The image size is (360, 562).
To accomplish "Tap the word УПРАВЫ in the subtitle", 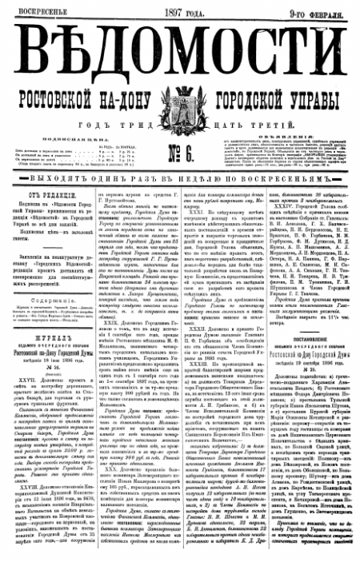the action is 318,87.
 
